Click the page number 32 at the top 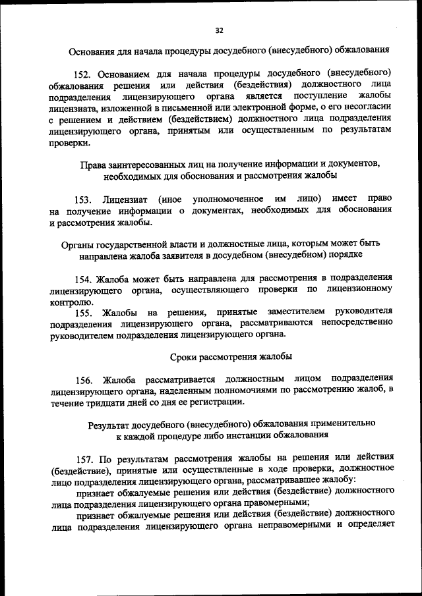220,30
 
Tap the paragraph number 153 84,199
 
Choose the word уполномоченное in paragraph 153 227,199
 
